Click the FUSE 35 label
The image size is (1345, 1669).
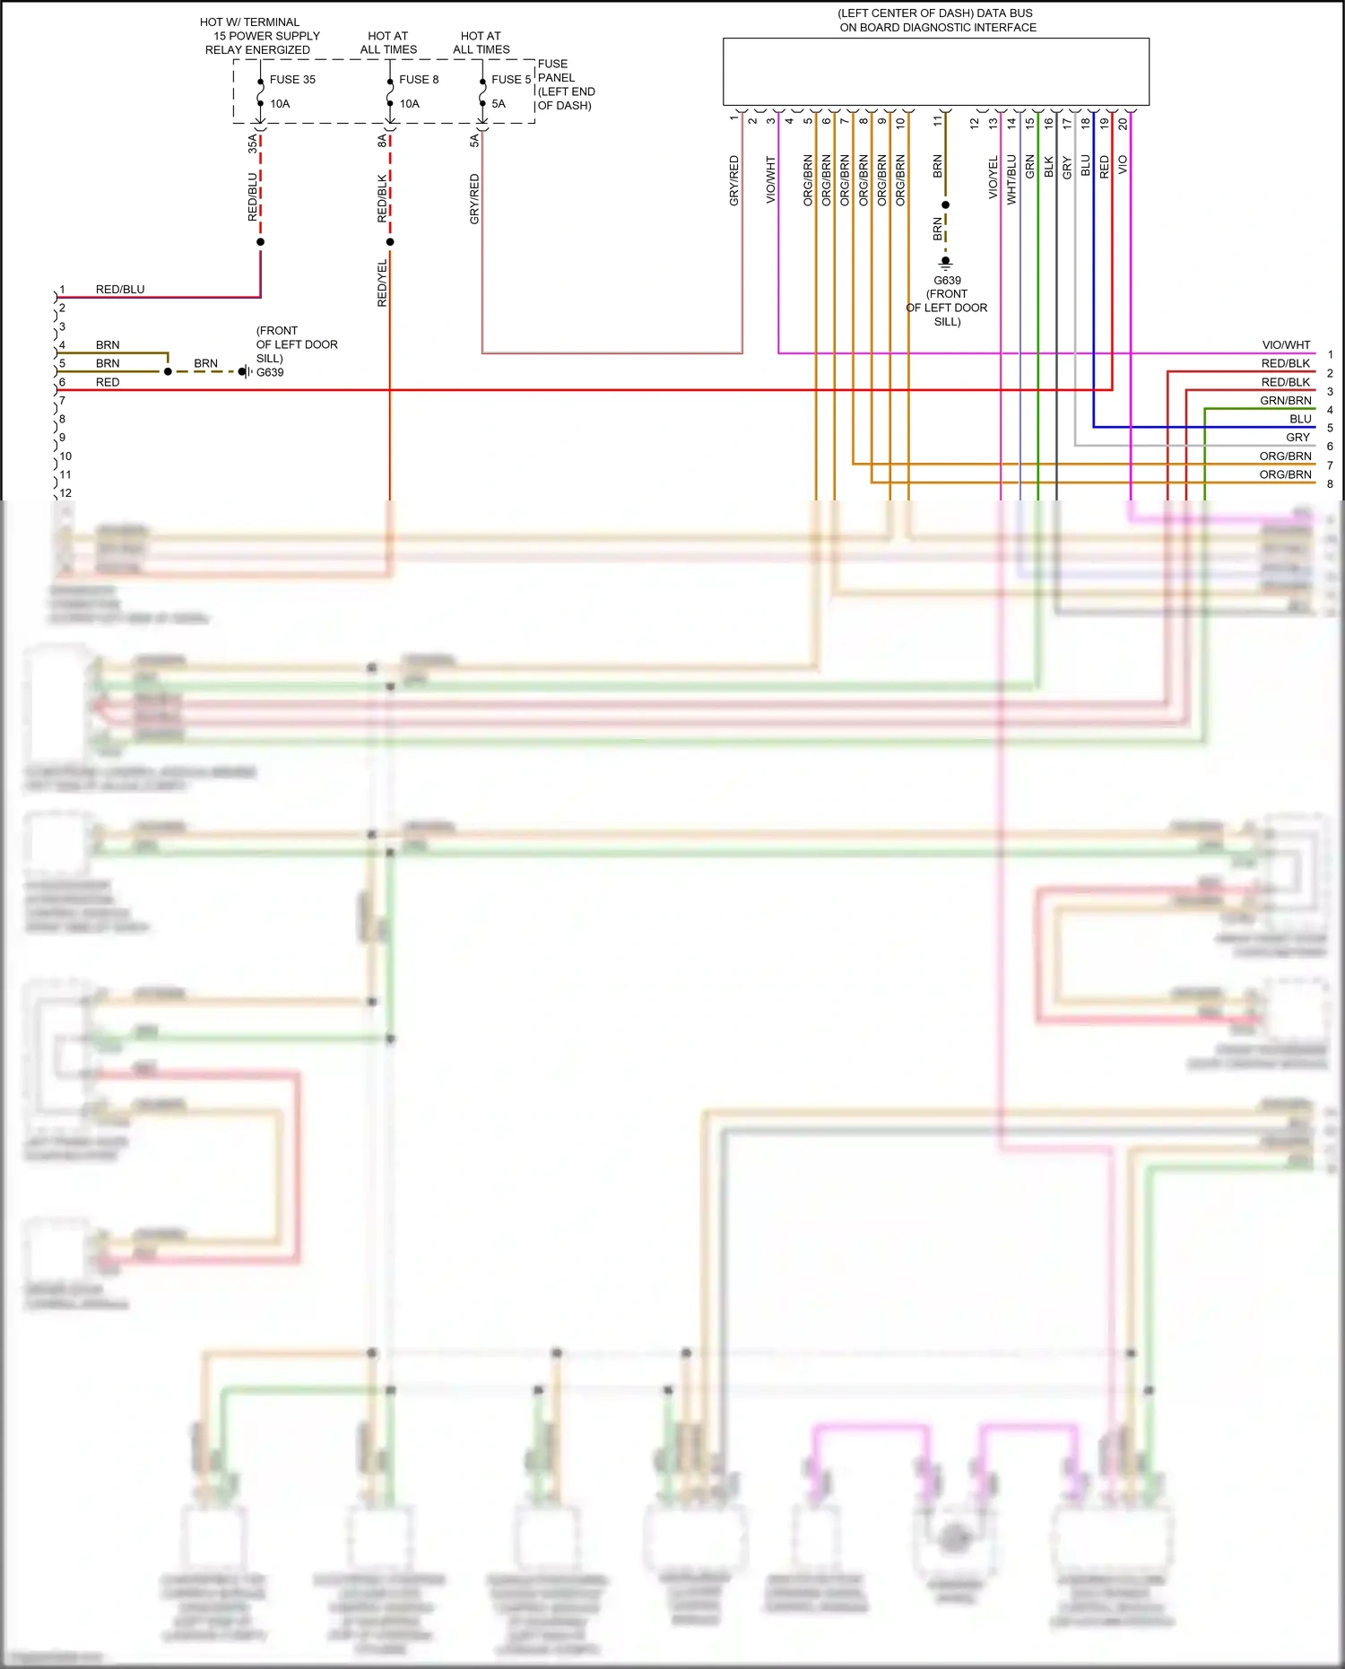coord(292,79)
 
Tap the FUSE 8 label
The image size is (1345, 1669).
coord(419,79)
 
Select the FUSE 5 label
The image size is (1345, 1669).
coord(510,79)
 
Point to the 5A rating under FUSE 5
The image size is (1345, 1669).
coord(499,104)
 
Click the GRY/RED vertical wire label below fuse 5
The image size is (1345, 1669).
coord(474,199)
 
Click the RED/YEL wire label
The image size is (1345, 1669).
coord(382,283)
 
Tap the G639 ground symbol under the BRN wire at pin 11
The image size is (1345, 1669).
coord(945,263)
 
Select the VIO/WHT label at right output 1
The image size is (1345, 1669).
coord(1286,345)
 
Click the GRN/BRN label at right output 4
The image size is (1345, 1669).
coord(1285,401)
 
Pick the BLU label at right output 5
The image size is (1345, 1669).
coord(1300,419)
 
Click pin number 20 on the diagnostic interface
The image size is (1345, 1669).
coord(1123,124)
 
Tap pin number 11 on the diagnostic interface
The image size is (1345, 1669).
coord(938,120)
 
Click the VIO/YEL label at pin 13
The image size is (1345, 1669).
coord(993,178)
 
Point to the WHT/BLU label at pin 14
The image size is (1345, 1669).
coord(1011,179)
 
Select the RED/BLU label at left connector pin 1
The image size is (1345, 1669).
coord(120,290)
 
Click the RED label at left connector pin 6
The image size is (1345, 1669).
coord(108,382)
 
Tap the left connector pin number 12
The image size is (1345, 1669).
coord(65,493)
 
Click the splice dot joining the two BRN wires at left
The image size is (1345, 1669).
coord(168,371)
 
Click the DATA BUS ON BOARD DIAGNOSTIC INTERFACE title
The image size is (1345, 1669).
coord(936,21)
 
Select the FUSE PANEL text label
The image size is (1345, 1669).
coord(556,71)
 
